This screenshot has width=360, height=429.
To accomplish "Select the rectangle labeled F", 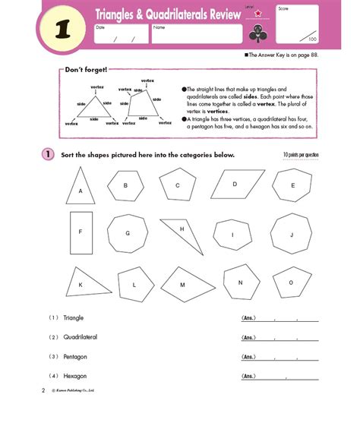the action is pos(81,232).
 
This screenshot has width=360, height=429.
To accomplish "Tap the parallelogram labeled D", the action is pos(235,184).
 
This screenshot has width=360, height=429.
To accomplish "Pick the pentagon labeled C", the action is pos(178,185).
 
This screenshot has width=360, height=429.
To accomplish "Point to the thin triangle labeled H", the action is pos(183,235).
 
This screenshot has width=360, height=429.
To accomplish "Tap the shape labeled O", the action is pos(290,282).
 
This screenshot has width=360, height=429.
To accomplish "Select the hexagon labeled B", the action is pos(126,185).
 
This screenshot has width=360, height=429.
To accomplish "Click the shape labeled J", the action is pos(290,234).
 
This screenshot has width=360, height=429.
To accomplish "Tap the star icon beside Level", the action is pos(258,13).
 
